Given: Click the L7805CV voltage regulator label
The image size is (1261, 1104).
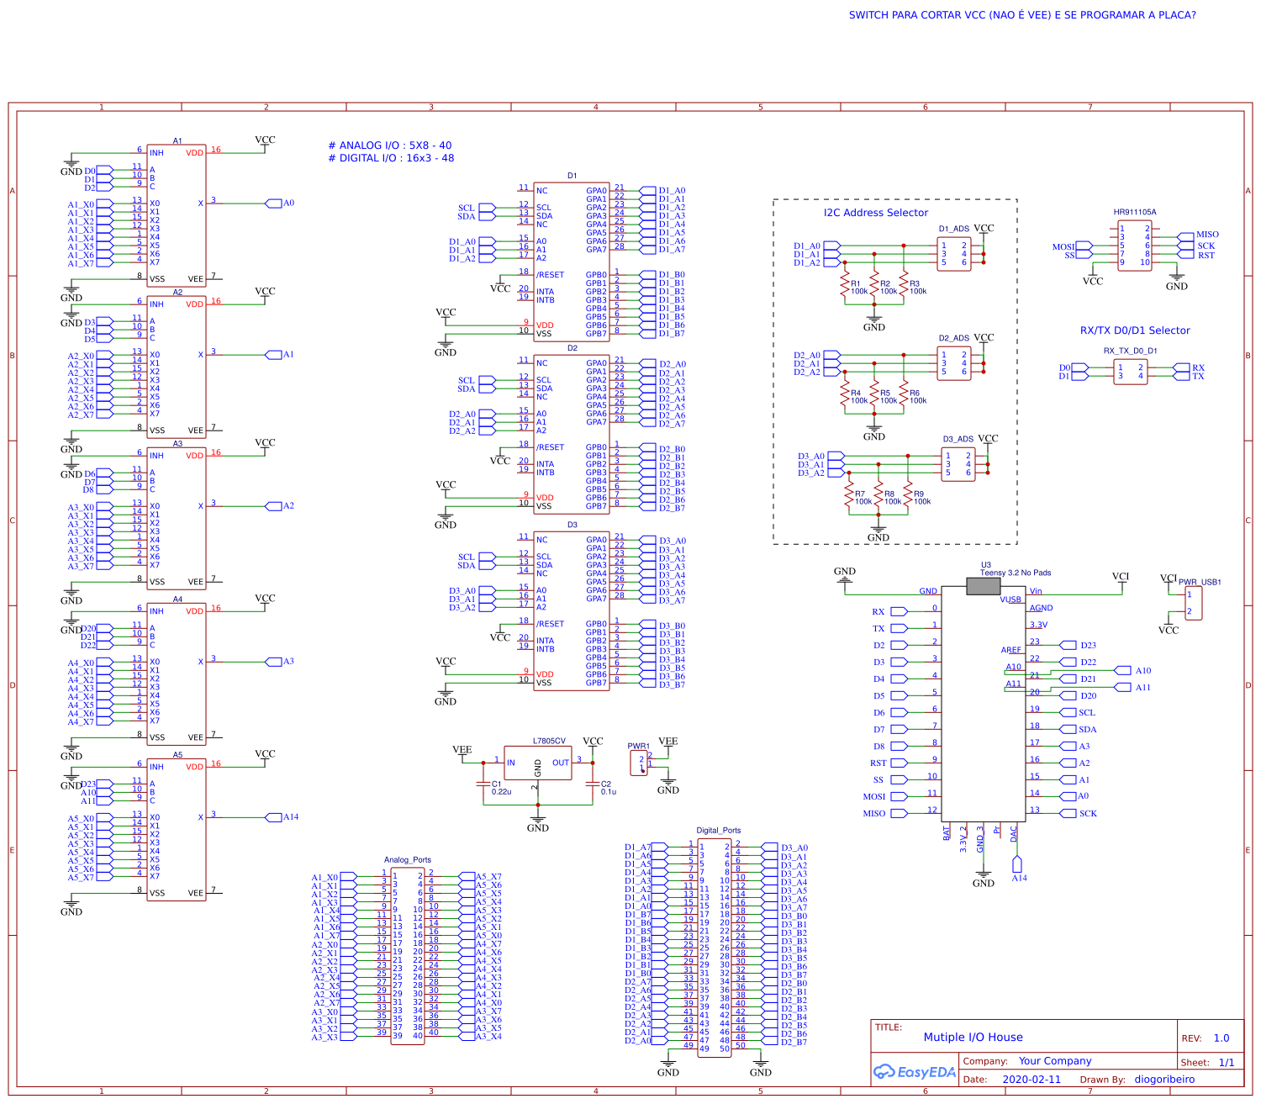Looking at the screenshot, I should tap(548, 742).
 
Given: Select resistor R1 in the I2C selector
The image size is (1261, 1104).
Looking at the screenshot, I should tap(844, 287).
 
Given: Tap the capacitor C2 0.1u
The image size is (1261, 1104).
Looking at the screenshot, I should tap(593, 785).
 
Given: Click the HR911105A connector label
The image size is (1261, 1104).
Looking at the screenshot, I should tap(1134, 213).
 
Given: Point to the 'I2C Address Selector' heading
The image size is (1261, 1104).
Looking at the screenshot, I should tap(875, 213).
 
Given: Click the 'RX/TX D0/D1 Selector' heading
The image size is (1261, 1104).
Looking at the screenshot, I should tap(1134, 330).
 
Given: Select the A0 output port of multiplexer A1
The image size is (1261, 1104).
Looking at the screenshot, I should tap(274, 203).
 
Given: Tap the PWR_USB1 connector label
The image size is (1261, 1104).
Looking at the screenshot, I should tap(1199, 582).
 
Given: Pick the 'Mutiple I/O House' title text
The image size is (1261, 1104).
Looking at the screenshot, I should tap(973, 1037).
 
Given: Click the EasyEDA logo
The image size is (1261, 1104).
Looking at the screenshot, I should tap(915, 1072).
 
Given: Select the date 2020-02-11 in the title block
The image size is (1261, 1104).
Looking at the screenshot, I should tap(1031, 1080).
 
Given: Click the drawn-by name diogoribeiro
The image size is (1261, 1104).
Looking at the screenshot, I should tap(1164, 1080).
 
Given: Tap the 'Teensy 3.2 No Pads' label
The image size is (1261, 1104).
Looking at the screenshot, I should tap(1015, 573).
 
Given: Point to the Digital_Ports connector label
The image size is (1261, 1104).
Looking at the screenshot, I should tap(718, 830).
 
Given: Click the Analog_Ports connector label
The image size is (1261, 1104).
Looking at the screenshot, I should tap(407, 860).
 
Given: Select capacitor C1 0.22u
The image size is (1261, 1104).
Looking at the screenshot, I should tap(483, 785).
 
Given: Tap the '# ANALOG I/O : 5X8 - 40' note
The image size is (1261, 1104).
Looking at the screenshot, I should tap(389, 145).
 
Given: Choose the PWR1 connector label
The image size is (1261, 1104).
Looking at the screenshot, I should tap(638, 746).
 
